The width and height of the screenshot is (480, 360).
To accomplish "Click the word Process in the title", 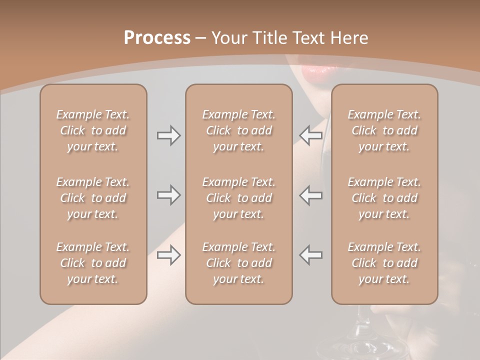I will click(157, 38).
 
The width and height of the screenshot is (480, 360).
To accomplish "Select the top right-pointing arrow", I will click(168, 135).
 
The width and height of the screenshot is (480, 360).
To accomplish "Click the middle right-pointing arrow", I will click(168, 195).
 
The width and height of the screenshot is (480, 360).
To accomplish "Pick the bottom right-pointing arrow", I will click(168, 255).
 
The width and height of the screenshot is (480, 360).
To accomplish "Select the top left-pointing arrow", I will click(310, 135).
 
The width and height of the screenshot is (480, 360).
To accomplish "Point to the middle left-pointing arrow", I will click(310, 195).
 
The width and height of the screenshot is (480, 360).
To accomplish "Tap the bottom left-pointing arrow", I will click(310, 255).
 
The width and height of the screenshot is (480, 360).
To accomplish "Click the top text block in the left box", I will click(93, 130).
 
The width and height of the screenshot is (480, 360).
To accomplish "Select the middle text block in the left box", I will click(93, 198).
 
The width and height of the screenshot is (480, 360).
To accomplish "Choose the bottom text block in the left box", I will click(93, 263).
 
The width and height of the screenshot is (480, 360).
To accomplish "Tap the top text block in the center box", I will click(238, 130).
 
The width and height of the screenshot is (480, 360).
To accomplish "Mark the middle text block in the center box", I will click(238, 198).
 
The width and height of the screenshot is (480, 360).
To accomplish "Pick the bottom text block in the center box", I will click(238, 263).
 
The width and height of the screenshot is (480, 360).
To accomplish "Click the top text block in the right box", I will click(384, 130).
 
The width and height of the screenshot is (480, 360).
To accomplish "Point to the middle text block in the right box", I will click(384, 198).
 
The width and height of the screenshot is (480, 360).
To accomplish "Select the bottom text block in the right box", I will click(384, 263).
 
